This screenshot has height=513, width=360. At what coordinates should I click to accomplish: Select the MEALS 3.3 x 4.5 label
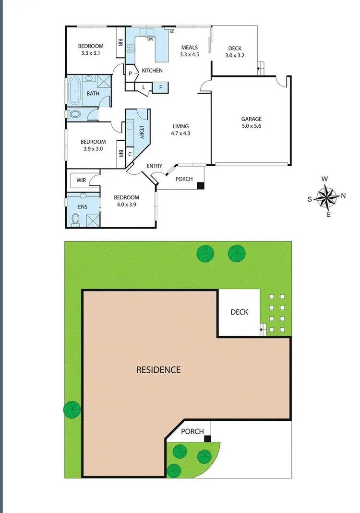point(190,51)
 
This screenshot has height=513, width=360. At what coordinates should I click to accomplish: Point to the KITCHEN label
point(152,71)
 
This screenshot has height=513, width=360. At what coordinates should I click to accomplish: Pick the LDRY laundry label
point(142,131)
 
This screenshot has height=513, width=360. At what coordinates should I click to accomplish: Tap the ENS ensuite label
point(83,207)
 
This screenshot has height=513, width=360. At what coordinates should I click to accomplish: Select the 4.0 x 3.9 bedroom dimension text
point(126,205)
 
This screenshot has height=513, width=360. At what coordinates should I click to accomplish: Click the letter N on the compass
point(343,195)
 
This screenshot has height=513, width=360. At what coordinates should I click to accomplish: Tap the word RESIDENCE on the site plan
point(158,369)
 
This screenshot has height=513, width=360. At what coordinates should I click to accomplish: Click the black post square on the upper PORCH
point(201,185)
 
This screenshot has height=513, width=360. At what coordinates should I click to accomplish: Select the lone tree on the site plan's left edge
point(72,409)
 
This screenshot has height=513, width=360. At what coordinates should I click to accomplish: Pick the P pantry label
point(130,73)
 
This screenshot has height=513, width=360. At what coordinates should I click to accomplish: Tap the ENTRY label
point(155,166)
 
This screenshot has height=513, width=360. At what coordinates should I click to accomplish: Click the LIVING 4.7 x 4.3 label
point(181,130)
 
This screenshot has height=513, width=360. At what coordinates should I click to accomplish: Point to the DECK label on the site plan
point(239,312)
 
